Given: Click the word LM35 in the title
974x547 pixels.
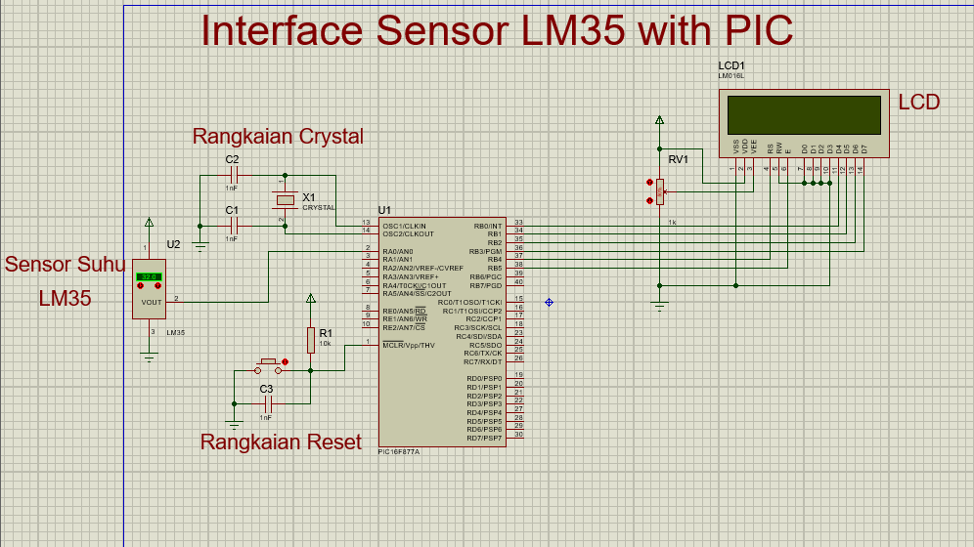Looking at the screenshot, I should pos(573,31).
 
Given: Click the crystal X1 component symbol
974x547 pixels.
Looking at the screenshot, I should pos(284,200).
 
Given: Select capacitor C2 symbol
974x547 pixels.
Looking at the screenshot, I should pos(232,176).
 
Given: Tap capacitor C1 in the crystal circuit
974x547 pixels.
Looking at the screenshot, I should pos(232,226).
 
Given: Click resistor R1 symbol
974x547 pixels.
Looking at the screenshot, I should pos(311,339).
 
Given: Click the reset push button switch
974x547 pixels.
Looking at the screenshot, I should pos(269,367).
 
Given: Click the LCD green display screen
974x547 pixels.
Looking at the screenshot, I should pos(804,114).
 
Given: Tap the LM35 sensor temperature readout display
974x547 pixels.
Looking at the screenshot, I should pos(150,276).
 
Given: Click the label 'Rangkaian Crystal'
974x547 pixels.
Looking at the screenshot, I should pos(278,136).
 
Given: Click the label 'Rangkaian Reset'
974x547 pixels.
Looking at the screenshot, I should pos(281,442).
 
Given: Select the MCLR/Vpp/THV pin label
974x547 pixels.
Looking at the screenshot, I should pos(409,345).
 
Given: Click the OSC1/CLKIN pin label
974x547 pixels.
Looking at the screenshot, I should pos(404,226).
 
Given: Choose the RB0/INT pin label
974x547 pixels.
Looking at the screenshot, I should pos(487,226).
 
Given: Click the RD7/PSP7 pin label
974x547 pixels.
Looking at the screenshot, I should pos(484,438).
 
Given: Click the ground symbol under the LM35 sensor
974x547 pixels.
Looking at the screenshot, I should pos(150,358).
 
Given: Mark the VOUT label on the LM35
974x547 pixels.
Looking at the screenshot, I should pos(152,302).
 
